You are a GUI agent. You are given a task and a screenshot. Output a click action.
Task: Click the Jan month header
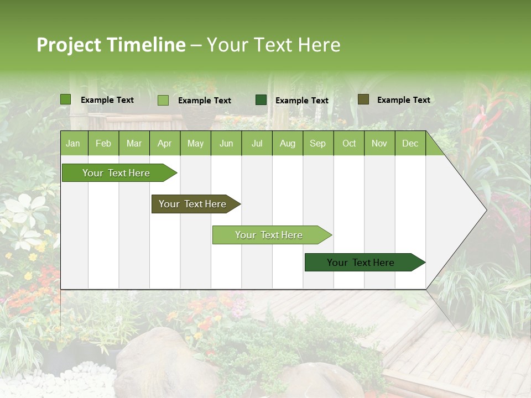point(73,143)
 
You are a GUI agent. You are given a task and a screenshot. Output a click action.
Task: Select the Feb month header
point(103,143)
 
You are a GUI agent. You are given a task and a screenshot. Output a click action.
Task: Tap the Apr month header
point(164,143)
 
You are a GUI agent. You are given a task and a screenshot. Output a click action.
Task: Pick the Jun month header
point(226,143)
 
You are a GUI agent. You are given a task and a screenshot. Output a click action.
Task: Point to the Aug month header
point(287,143)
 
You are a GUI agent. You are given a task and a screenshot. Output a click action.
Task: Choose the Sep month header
point(317,143)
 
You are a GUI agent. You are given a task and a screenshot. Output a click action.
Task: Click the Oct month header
point(349,143)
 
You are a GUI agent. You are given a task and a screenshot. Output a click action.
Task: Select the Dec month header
point(410,143)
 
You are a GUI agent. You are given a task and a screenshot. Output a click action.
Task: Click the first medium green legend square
point(65,99)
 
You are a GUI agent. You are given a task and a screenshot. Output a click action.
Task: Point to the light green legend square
point(163,100)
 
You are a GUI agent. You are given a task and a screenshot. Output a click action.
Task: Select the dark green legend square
point(261,100)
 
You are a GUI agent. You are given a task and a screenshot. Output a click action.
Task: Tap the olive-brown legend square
point(363,99)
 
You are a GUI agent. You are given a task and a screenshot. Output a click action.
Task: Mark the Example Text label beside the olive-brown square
point(403,99)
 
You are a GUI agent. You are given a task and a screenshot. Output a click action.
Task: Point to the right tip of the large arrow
point(486,210)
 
